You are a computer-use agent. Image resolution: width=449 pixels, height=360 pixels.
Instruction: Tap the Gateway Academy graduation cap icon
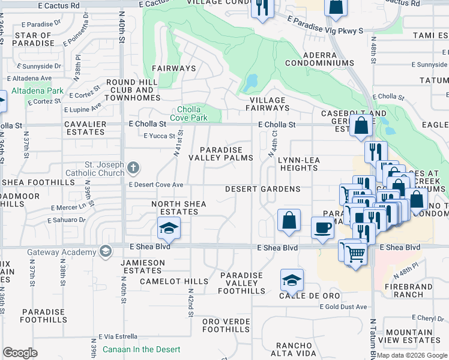pos(106,250)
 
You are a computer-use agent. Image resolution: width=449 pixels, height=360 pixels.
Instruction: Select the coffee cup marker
pos(323,228)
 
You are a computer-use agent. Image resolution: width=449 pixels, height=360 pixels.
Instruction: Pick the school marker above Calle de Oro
pos(292,280)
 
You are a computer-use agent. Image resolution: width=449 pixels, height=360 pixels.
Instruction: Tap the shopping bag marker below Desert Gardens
pos(289,220)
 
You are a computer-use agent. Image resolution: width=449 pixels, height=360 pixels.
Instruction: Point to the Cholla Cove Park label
pos(192,113)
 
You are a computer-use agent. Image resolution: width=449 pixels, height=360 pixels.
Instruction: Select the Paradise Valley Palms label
pos(221,154)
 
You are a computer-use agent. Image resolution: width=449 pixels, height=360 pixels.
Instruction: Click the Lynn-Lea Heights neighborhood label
pos(298,164)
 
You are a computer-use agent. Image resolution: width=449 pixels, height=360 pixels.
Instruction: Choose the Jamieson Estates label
pos(143,266)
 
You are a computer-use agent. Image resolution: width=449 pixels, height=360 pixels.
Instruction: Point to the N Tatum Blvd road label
pos(373,339)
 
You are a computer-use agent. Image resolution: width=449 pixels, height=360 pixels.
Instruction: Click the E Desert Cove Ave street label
pos(156,185)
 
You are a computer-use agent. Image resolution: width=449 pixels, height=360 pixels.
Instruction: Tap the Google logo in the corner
pos(20,352)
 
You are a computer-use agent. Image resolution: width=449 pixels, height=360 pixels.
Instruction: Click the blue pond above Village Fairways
pos(252,80)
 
